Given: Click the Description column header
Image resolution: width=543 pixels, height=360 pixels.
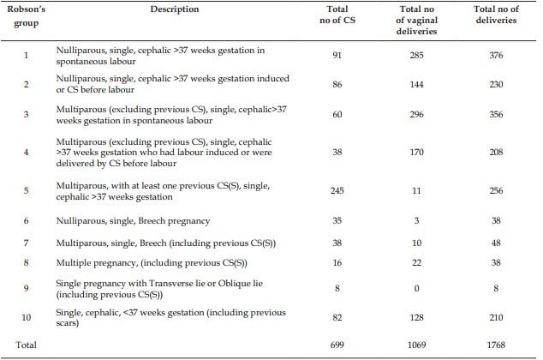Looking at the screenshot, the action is (175, 9).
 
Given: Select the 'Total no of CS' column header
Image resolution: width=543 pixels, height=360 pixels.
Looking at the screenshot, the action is (337, 15).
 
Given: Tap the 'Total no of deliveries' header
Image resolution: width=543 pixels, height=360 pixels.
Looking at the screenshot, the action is (496, 15).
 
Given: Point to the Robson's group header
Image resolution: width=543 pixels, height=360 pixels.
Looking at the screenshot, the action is (27, 16).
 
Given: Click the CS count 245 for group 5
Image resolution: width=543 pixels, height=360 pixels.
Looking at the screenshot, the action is (337, 190).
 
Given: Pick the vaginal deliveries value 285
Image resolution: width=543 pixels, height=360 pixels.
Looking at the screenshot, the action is (416, 55).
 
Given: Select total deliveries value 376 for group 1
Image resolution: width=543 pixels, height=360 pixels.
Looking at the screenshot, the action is (496, 55).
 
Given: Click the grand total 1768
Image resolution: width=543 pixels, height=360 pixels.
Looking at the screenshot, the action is (496, 345).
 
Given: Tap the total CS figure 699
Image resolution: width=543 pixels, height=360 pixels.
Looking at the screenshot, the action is (337, 345).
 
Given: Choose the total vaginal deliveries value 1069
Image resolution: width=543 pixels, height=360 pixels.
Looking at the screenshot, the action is (416, 345).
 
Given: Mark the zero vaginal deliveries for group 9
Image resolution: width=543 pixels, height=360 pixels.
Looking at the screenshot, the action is (416, 288).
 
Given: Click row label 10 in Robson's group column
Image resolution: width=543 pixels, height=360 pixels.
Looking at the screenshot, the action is (27, 317).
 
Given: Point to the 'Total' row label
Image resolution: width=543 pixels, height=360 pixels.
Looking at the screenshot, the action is (26, 345).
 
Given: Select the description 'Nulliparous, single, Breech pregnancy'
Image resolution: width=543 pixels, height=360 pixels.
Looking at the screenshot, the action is (133, 221).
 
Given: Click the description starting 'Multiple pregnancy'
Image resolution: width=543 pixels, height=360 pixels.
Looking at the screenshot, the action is (152, 263).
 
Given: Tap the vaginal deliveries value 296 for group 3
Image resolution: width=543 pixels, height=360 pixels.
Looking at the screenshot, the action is (416, 114).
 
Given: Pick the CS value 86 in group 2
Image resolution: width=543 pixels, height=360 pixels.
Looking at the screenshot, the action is (337, 84).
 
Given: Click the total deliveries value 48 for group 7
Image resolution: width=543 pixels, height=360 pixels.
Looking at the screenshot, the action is (496, 243).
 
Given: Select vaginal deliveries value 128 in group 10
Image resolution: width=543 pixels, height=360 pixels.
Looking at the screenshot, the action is (416, 317).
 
